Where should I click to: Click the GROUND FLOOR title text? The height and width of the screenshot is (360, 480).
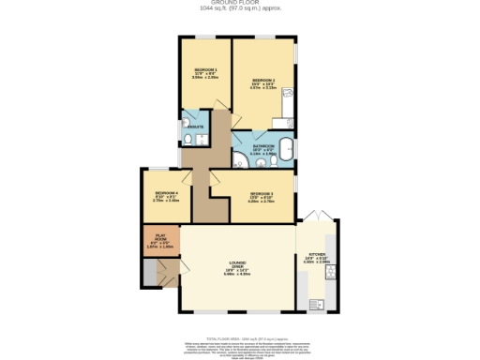(239, 4)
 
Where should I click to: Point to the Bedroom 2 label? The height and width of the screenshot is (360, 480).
(262, 83)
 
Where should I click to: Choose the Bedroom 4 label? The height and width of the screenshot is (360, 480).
(166, 196)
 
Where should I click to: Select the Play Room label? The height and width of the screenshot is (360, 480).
(158, 241)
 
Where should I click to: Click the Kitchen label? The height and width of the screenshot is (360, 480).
(315, 259)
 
